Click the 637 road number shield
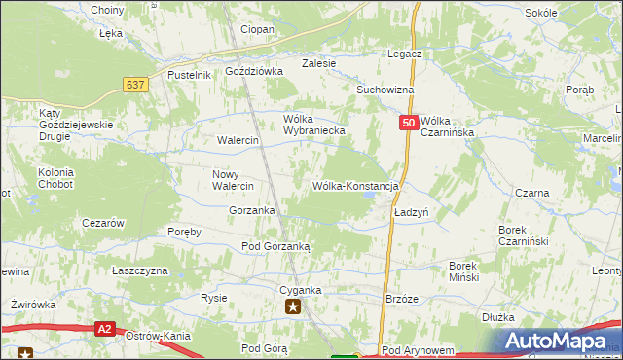(x=135, y=85)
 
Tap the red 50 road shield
(x=409, y=124)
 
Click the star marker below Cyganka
(x=293, y=308)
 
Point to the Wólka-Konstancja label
(x=355, y=186)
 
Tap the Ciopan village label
(x=257, y=30)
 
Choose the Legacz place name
(x=403, y=54)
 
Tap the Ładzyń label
(x=412, y=211)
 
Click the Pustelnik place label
(x=189, y=75)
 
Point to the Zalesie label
(x=318, y=63)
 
